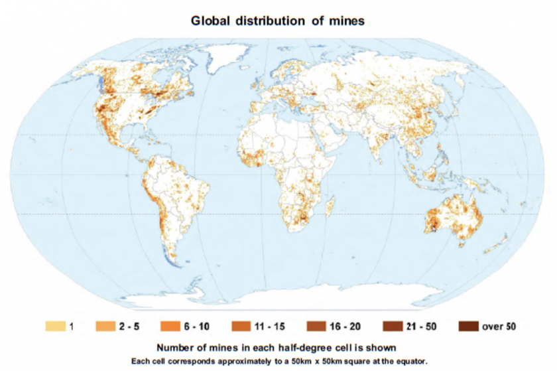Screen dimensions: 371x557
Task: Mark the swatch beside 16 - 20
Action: click(315, 326)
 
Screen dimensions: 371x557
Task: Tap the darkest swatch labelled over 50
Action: click(468, 326)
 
